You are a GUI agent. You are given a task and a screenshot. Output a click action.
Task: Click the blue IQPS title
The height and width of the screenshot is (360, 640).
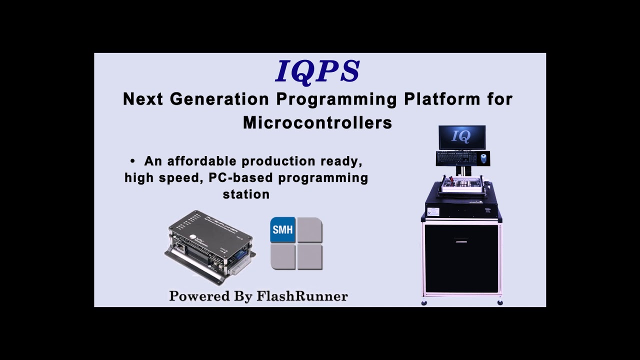point(317,71)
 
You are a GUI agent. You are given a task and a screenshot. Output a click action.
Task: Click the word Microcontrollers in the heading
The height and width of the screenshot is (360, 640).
point(317,123)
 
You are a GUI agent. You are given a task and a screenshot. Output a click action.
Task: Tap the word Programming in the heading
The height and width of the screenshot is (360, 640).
point(336,99)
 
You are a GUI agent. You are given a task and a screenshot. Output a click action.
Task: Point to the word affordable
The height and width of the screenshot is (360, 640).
point(203,161)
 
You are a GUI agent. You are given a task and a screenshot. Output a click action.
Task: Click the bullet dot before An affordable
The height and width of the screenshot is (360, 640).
point(132,161)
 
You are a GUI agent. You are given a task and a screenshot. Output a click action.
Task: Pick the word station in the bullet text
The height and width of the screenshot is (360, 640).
point(246,194)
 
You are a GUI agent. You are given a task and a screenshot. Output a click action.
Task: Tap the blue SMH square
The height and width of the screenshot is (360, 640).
point(282,230)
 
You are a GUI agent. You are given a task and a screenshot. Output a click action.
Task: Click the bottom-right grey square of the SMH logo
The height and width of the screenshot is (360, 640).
point(310,257)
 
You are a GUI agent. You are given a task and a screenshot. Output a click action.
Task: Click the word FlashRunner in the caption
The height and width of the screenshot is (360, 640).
point(302,296)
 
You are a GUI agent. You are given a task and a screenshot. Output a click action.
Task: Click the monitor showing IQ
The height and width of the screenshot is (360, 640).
point(462,137)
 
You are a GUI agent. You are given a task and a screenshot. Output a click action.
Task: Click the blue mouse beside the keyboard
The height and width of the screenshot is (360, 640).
point(483,158)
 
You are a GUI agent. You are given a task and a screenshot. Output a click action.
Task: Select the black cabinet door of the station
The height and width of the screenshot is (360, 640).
point(461,258)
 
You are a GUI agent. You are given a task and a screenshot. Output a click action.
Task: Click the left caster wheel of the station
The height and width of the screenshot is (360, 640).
point(424,302)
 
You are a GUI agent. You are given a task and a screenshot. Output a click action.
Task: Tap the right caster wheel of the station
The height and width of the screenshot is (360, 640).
point(499,302)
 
